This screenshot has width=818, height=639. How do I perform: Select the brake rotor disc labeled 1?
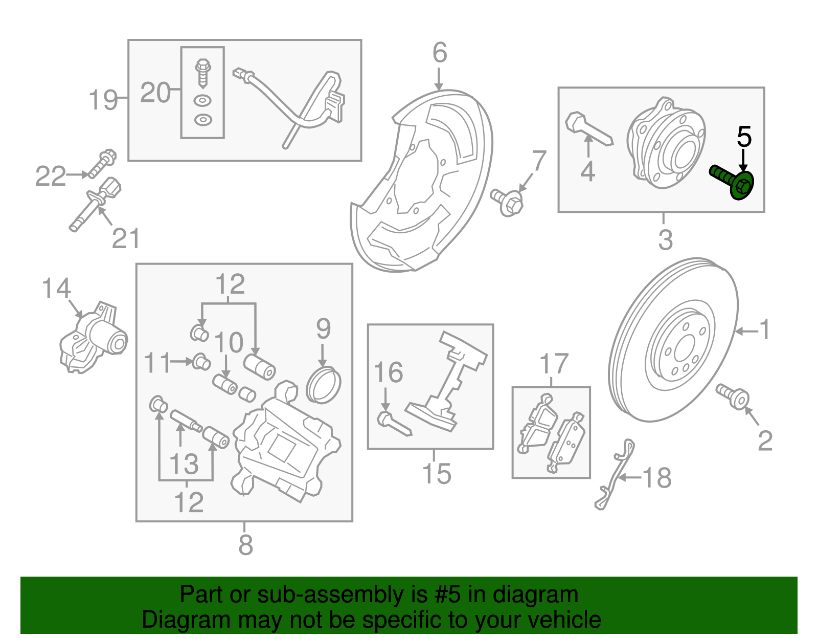point(674,340)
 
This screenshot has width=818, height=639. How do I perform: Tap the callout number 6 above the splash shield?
point(439,53)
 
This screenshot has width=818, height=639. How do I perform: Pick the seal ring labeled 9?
point(323,385)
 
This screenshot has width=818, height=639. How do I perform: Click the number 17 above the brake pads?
point(554,364)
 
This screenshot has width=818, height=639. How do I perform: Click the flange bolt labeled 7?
point(508,202)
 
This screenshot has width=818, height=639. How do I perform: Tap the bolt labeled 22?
point(103,164)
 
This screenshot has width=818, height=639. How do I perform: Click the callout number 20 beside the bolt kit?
point(155,93)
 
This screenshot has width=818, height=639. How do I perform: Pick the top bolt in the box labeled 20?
point(203,72)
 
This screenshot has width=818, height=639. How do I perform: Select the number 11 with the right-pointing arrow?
point(156,363)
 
